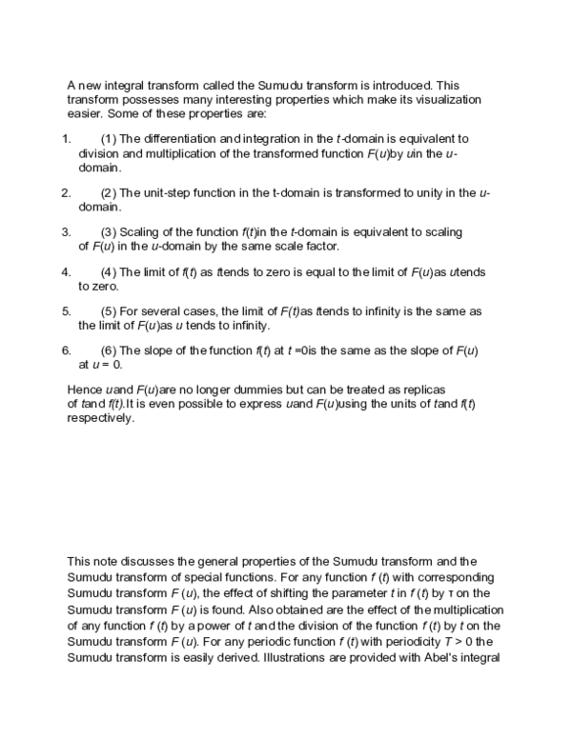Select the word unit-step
pyautogui.click(x=169, y=192)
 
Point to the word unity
pyautogui.click(x=440, y=192)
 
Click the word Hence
pyautogui.click(x=85, y=390)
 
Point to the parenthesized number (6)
pyautogui.click(x=109, y=350)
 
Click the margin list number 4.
pyautogui.click(x=66, y=271)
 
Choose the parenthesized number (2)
pyautogui.click(x=109, y=192)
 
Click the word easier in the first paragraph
pyautogui.click(x=87, y=113)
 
